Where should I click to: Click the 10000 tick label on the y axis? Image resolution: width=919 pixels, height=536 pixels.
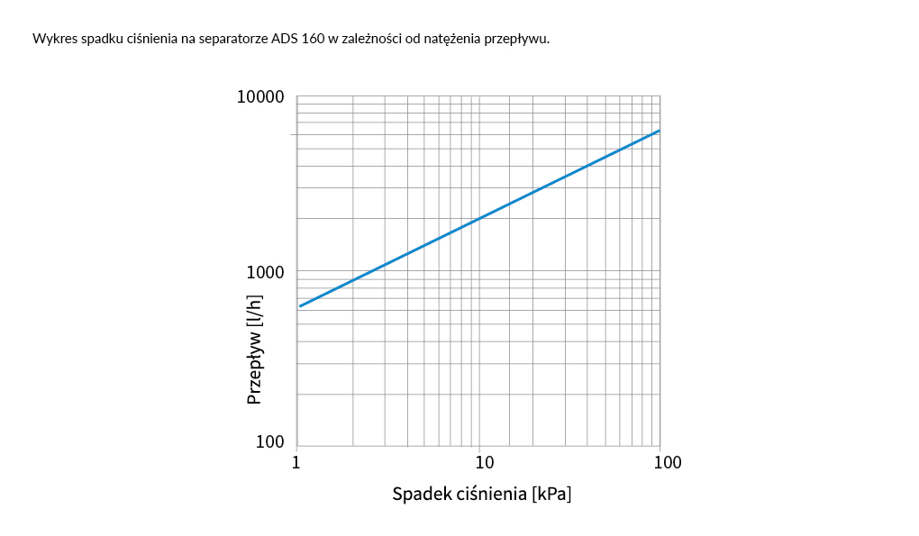point(260,97)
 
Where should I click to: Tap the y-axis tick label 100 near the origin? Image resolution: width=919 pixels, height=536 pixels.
point(269,441)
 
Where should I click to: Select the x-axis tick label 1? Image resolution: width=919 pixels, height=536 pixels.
point(296,463)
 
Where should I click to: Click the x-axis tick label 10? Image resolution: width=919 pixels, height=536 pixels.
point(484,463)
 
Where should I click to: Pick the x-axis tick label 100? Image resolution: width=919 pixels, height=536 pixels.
point(667,463)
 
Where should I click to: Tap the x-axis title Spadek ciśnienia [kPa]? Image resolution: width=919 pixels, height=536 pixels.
point(482,495)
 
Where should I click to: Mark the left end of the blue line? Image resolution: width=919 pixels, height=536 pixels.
point(300,306)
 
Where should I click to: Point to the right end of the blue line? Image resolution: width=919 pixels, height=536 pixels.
point(660,131)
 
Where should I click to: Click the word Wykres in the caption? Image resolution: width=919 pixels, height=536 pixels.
point(52,39)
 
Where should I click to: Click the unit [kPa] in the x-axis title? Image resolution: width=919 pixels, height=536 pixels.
point(551,495)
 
